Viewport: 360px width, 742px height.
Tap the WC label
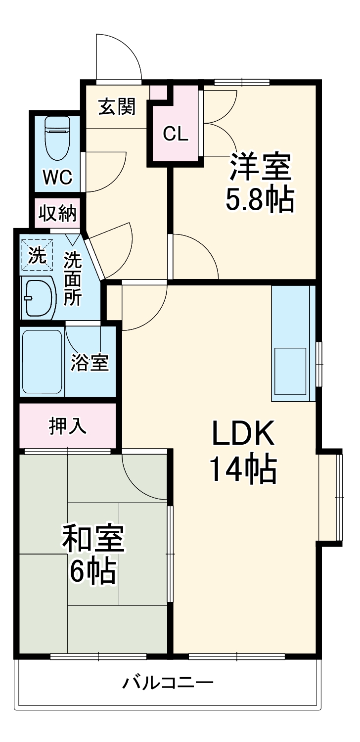57,177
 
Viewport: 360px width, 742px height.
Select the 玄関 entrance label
117,106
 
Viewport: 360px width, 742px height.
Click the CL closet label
176,134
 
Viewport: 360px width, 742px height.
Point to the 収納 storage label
58,213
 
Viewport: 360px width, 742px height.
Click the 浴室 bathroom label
90,363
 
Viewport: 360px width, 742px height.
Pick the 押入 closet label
68,426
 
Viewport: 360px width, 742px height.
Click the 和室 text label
92,539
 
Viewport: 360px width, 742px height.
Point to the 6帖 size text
92,572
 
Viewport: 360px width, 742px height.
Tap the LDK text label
242,434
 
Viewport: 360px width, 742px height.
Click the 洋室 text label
260,169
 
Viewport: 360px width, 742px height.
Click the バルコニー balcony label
168,684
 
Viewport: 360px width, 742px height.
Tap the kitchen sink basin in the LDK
292,371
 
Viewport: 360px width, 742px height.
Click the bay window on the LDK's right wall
330,497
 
